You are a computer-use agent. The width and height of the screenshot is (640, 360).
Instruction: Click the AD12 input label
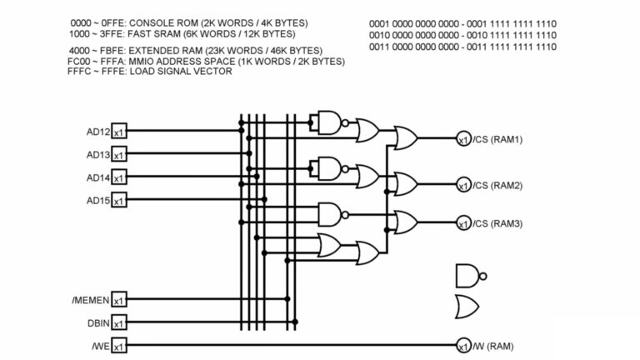point(98,132)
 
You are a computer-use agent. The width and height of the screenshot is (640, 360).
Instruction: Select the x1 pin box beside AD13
point(119,155)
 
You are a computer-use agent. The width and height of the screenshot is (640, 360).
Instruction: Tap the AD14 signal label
point(98,177)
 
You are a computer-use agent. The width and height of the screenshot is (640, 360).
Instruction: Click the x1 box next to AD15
point(119,201)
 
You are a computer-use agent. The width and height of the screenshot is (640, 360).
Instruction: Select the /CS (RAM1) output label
point(497,139)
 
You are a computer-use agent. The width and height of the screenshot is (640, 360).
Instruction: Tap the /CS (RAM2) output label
point(497,185)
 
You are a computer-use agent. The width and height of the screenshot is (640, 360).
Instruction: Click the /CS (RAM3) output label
point(497,223)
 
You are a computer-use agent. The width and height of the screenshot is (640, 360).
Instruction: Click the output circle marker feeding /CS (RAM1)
point(463,139)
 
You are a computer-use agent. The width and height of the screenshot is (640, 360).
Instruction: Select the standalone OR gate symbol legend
point(467,307)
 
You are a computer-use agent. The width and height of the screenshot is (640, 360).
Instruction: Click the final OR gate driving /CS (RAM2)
point(406,182)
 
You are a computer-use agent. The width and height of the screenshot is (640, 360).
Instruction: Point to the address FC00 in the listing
point(78,62)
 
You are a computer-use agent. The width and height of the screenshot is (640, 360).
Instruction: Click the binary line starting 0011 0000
point(462,47)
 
